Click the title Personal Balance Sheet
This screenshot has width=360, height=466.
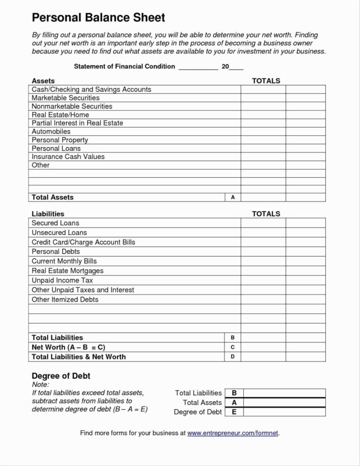click(98, 18)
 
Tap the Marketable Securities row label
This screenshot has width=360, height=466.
click(66, 98)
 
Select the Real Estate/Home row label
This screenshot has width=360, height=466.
click(60, 115)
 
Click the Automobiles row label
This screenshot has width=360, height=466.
click(51, 132)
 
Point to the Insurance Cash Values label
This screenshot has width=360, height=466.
click(68, 157)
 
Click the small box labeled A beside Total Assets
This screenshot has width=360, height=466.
click(233, 198)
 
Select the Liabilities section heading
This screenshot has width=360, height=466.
click(48, 214)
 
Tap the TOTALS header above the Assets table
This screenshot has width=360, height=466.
click(266, 81)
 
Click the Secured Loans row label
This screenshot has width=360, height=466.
click(55, 223)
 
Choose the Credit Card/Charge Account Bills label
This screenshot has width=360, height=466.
click(83, 242)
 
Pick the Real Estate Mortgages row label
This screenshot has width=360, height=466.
click(67, 271)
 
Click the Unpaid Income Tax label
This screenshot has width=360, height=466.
click(62, 280)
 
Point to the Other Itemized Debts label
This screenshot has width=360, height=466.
click(65, 300)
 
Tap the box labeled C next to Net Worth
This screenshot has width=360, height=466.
click(233, 347)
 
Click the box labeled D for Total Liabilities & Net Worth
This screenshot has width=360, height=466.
click(233, 357)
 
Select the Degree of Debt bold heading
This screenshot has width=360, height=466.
click(61, 376)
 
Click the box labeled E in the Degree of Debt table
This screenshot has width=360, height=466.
click(234, 412)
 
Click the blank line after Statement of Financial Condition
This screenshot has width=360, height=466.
click(198, 67)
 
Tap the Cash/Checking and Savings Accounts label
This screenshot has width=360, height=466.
click(91, 90)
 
